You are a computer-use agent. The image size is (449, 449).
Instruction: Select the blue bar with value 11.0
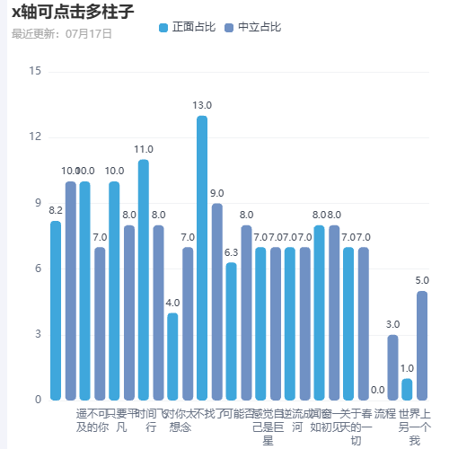[144, 279]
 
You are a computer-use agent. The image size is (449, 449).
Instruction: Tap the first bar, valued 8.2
[56, 310]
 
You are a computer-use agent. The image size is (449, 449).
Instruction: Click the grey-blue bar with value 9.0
[217, 301]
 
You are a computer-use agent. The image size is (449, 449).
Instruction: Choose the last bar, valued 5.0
[422, 345]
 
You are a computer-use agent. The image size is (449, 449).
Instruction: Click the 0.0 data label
[378, 390]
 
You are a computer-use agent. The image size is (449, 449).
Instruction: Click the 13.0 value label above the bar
[202, 106]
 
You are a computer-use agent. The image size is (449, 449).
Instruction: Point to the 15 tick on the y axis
[36, 71]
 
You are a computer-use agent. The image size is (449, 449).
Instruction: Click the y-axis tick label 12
[36, 136]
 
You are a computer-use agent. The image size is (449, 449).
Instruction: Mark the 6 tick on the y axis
[36, 269]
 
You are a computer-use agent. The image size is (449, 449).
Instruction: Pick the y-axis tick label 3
[36, 334]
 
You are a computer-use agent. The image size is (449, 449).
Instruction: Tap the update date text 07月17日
[89, 34]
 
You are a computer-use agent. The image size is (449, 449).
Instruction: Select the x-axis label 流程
[385, 414]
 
